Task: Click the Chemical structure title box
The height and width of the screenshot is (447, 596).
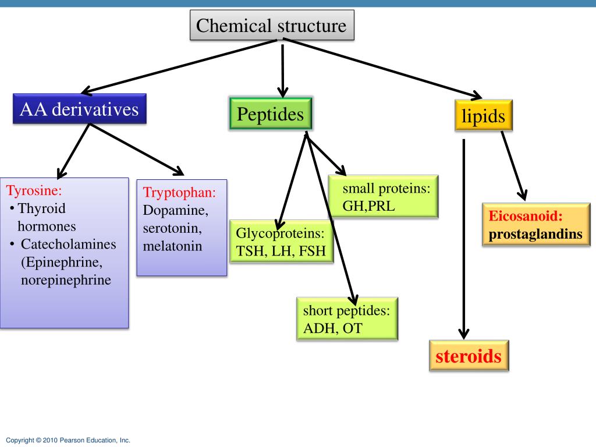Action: [272, 25]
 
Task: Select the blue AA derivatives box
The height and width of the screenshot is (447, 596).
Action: [79, 109]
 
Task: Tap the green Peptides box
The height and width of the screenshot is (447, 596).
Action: [271, 113]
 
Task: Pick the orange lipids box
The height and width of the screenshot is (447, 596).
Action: [484, 115]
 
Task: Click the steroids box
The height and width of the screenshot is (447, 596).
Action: [469, 356]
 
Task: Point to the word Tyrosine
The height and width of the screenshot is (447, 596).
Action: [34, 190]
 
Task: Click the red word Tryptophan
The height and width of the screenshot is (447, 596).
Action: [179, 192]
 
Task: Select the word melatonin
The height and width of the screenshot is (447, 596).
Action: [172, 246]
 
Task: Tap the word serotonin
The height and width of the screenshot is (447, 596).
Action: [172, 228]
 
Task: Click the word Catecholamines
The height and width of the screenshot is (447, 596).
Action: [69, 244]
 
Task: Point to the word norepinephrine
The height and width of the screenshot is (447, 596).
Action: [66, 280]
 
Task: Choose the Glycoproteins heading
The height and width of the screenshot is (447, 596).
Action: [281, 233]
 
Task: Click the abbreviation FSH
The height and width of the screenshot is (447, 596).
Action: [312, 251]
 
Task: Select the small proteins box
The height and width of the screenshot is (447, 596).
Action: [383, 197]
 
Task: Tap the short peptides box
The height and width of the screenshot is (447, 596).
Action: [347, 318]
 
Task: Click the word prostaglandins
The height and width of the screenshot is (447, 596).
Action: [535, 234]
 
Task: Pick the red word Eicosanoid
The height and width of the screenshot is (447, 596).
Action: [526, 216]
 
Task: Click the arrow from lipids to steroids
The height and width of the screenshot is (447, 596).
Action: [464, 239]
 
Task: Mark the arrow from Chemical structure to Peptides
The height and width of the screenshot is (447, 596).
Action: [282, 70]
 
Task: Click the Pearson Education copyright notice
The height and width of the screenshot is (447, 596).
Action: [68, 440]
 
